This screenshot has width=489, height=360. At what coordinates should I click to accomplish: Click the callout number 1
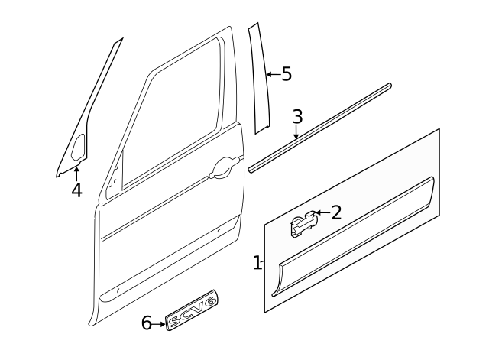point(257,264)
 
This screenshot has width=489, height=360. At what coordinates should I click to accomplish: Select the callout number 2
point(335,212)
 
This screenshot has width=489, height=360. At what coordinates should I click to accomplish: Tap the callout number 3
point(297,117)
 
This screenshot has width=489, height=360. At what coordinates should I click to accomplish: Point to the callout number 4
point(76,190)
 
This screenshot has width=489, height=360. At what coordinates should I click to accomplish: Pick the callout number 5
point(287,74)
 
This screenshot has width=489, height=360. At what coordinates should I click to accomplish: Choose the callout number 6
point(147,323)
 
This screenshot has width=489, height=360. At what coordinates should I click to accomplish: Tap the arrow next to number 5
point(272,75)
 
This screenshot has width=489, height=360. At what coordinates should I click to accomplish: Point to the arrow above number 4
point(76,172)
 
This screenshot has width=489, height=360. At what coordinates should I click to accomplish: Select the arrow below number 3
point(296,133)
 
